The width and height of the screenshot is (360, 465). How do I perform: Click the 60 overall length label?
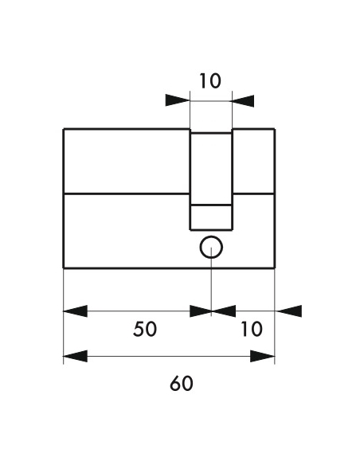coord(181,383)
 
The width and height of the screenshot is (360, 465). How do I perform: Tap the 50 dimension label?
coord(145,329)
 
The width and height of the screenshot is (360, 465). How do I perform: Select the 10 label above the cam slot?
coord(210,81)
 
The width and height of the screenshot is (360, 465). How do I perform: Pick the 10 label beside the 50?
coord(252,329)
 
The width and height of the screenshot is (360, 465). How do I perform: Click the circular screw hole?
coord(211,247)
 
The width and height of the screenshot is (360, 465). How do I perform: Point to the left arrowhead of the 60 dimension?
coord(76,356)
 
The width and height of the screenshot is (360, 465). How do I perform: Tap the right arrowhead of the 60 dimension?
coord(263,356)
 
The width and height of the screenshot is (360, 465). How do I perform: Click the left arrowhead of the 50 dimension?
coord(76,311)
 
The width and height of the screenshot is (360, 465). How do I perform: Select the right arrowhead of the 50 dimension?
coord(200,311)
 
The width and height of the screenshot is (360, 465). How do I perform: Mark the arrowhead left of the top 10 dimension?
coord(178,100)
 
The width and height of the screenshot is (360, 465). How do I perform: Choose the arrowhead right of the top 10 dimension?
coord(243,101)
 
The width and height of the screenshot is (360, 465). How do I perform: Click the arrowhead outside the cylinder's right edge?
coord(288,311)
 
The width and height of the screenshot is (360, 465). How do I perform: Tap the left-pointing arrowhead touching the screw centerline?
coord(224,311)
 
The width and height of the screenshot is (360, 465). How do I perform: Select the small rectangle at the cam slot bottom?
coord(211,217)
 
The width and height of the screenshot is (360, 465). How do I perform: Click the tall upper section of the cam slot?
coord(211,169)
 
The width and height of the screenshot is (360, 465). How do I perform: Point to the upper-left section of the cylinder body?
coord(127,162)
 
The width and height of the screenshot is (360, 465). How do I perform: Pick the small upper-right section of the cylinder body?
coord(253,162)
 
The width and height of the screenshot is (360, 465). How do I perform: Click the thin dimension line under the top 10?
coord(211,101)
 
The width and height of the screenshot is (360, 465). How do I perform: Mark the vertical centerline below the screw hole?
coord(211,282)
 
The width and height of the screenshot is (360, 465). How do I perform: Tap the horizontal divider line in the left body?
coord(127,194)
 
